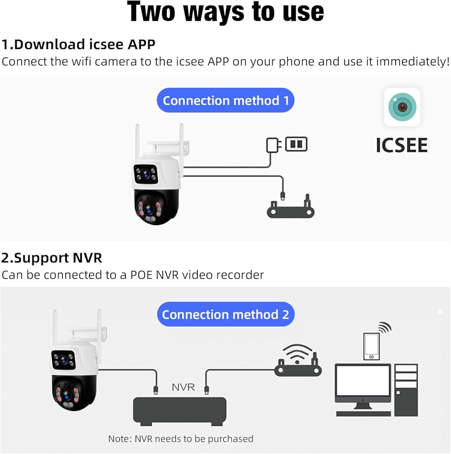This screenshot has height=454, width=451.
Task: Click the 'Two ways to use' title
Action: coord(225,12)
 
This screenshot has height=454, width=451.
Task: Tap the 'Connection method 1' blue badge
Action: coord(225,100)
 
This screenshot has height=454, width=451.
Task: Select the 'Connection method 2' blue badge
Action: coord(226,315)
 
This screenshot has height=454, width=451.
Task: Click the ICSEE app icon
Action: coord(402,107)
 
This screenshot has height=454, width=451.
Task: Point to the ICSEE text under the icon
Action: coord(402,145)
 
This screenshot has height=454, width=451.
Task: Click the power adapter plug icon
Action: coord(273,145)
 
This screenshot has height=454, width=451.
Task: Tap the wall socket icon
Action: coord(296,144)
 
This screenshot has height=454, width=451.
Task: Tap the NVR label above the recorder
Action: coord(183,387)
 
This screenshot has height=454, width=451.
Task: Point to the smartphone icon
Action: coord(372,346)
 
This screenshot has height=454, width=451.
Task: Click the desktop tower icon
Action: coord(406,390)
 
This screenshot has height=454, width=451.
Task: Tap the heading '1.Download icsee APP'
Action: coord(78,44)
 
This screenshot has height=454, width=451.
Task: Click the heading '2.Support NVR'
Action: coord(52,258)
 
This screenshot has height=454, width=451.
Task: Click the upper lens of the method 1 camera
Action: coord(146,174)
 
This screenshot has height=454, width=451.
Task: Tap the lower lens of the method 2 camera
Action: coord(66,395)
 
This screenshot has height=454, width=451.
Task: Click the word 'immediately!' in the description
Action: coord(413,61)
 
